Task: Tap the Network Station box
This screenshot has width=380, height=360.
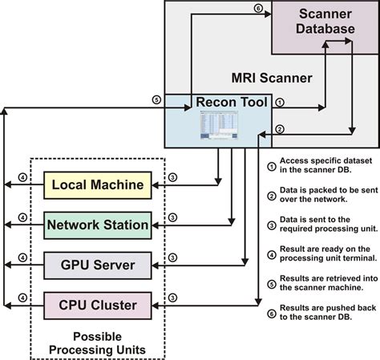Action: (x=96, y=225)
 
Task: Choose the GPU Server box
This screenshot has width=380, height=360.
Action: (x=96, y=264)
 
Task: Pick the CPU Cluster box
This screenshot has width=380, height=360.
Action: (x=96, y=304)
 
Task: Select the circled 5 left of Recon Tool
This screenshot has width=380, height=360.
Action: (x=156, y=100)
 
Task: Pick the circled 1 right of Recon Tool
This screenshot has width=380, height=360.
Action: (x=278, y=103)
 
